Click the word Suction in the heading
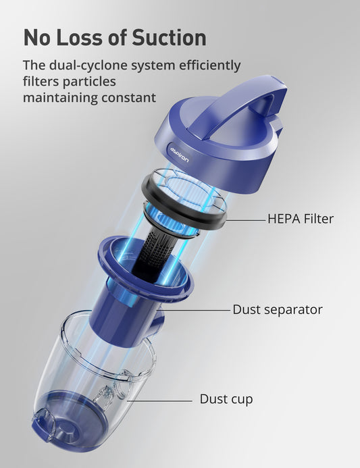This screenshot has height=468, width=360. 170,38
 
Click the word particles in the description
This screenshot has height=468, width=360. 89,82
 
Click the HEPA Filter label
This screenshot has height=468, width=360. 301,219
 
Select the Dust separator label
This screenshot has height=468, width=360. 278,309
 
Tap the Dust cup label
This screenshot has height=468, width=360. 226,399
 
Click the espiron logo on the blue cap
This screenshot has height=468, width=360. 180,154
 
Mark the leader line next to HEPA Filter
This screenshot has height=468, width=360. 245,221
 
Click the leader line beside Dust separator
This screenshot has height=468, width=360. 194,310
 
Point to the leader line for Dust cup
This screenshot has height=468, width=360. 159,401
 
